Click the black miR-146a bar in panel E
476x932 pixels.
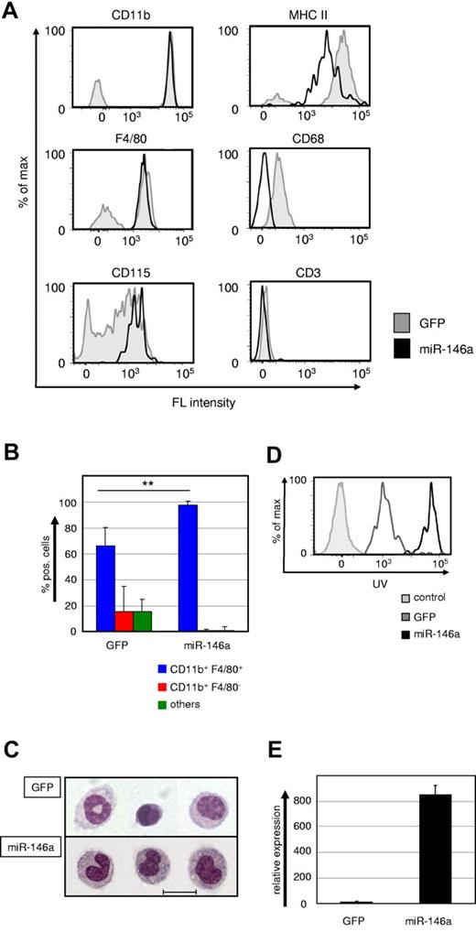pos(442,849)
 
